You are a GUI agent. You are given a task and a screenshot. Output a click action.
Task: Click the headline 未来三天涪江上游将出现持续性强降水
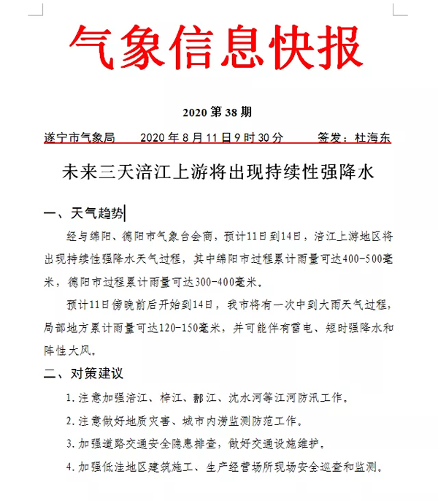click(219, 173)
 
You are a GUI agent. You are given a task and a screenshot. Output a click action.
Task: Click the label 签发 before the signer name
click(329, 137)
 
